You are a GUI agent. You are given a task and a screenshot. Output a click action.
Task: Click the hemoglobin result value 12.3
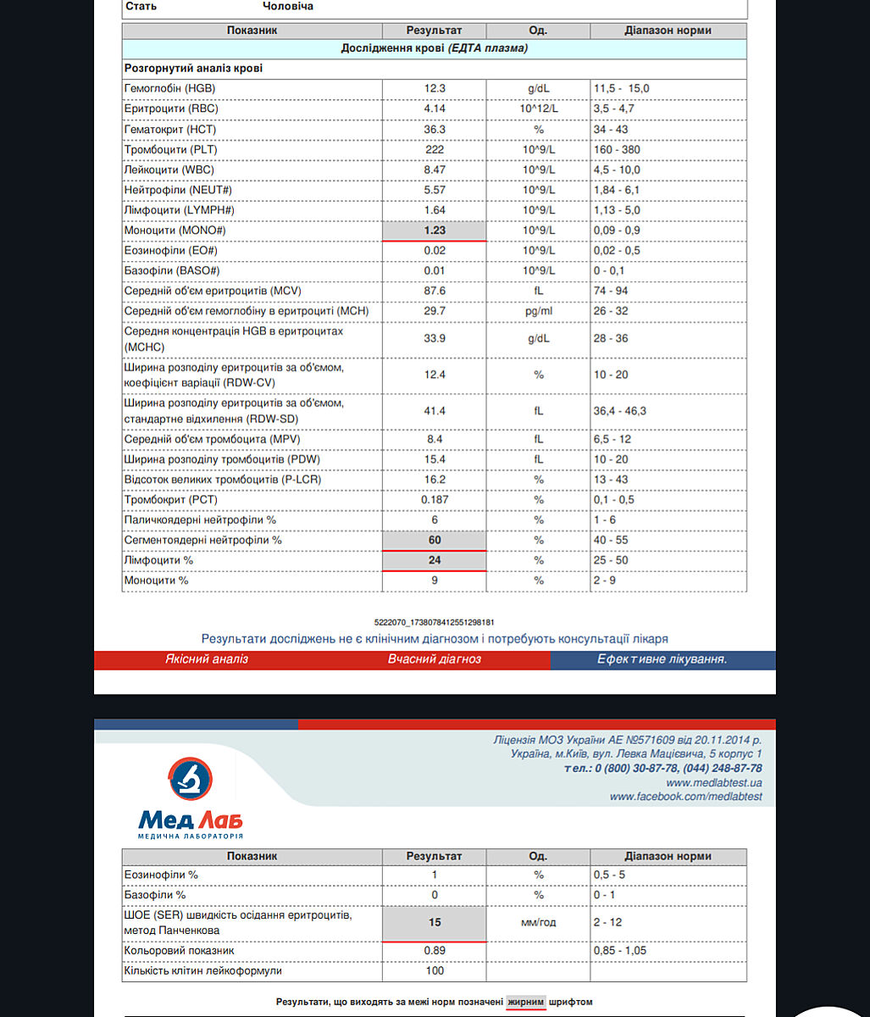(x=434, y=88)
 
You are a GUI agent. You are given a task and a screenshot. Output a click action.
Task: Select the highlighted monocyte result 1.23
(x=434, y=231)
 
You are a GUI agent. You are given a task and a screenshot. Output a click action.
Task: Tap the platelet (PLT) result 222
(x=434, y=149)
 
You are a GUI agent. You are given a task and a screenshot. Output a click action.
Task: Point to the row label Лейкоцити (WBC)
(x=163, y=169)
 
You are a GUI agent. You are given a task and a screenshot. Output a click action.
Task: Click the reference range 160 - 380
(x=617, y=149)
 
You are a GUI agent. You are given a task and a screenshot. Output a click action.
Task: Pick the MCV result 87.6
(x=434, y=291)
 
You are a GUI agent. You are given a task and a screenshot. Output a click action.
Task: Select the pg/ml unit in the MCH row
(x=538, y=311)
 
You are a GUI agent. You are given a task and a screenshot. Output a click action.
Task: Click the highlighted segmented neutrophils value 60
(x=435, y=540)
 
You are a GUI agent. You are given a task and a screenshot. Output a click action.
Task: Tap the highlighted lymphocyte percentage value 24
(x=435, y=560)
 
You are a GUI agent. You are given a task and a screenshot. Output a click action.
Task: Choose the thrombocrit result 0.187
(x=435, y=500)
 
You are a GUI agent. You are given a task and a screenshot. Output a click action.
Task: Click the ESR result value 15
(x=435, y=923)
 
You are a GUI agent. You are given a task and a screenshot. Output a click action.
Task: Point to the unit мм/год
(x=538, y=923)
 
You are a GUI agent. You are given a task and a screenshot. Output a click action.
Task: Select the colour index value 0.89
(x=435, y=951)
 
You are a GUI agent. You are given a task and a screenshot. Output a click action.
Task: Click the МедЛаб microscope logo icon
(x=191, y=779)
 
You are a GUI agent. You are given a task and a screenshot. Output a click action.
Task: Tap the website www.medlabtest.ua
(x=713, y=783)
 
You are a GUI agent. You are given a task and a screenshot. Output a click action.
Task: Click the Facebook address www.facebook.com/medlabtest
(x=685, y=797)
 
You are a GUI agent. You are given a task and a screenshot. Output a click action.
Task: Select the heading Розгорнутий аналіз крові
(x=193, y=68)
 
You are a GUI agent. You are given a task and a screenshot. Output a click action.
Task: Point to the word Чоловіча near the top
(x=287, y=7)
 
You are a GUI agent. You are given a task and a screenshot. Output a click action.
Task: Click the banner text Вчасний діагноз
(x=435, y=659)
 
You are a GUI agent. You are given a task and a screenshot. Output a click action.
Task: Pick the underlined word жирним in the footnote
(x=526, y=1002)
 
